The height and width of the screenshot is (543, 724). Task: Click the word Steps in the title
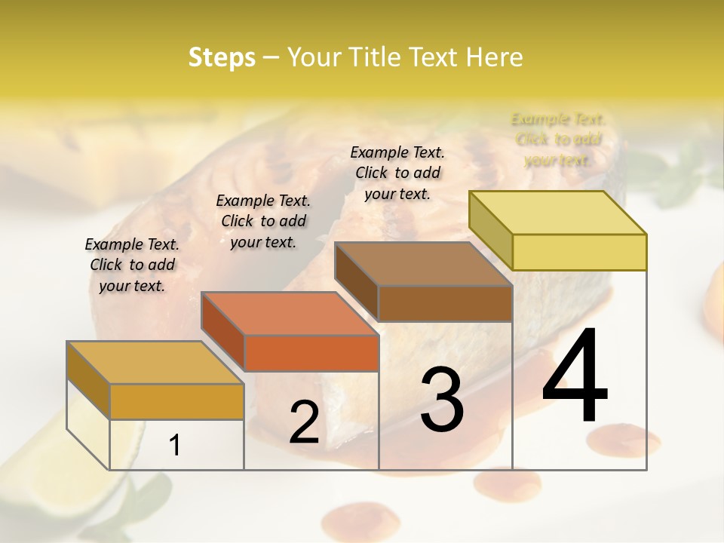[222, 57]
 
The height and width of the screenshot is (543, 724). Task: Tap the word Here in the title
[494, 57]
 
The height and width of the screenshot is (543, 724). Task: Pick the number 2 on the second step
[304, 422]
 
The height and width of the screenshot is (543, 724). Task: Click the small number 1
[174, 446]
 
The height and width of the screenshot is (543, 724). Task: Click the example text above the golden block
[132, 265]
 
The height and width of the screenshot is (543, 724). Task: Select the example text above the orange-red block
[263, 221]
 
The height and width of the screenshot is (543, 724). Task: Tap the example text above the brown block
[397, 173]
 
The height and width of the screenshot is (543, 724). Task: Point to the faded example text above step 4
[558, 140]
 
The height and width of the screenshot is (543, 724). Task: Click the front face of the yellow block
[579, 252]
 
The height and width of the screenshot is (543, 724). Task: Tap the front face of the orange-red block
[311, 353]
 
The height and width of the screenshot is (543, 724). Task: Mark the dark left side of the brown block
[356, 282]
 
